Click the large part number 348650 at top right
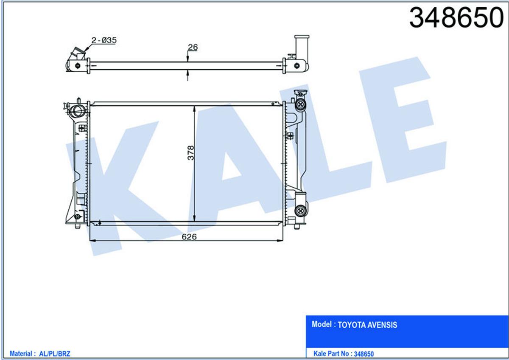456,17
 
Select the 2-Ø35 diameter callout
104,40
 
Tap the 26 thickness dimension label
193,47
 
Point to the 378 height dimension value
191,153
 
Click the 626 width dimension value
189,237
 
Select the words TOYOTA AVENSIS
367,325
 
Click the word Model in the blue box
322,324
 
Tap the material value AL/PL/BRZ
55,354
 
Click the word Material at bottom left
21,354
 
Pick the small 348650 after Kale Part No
364,354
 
